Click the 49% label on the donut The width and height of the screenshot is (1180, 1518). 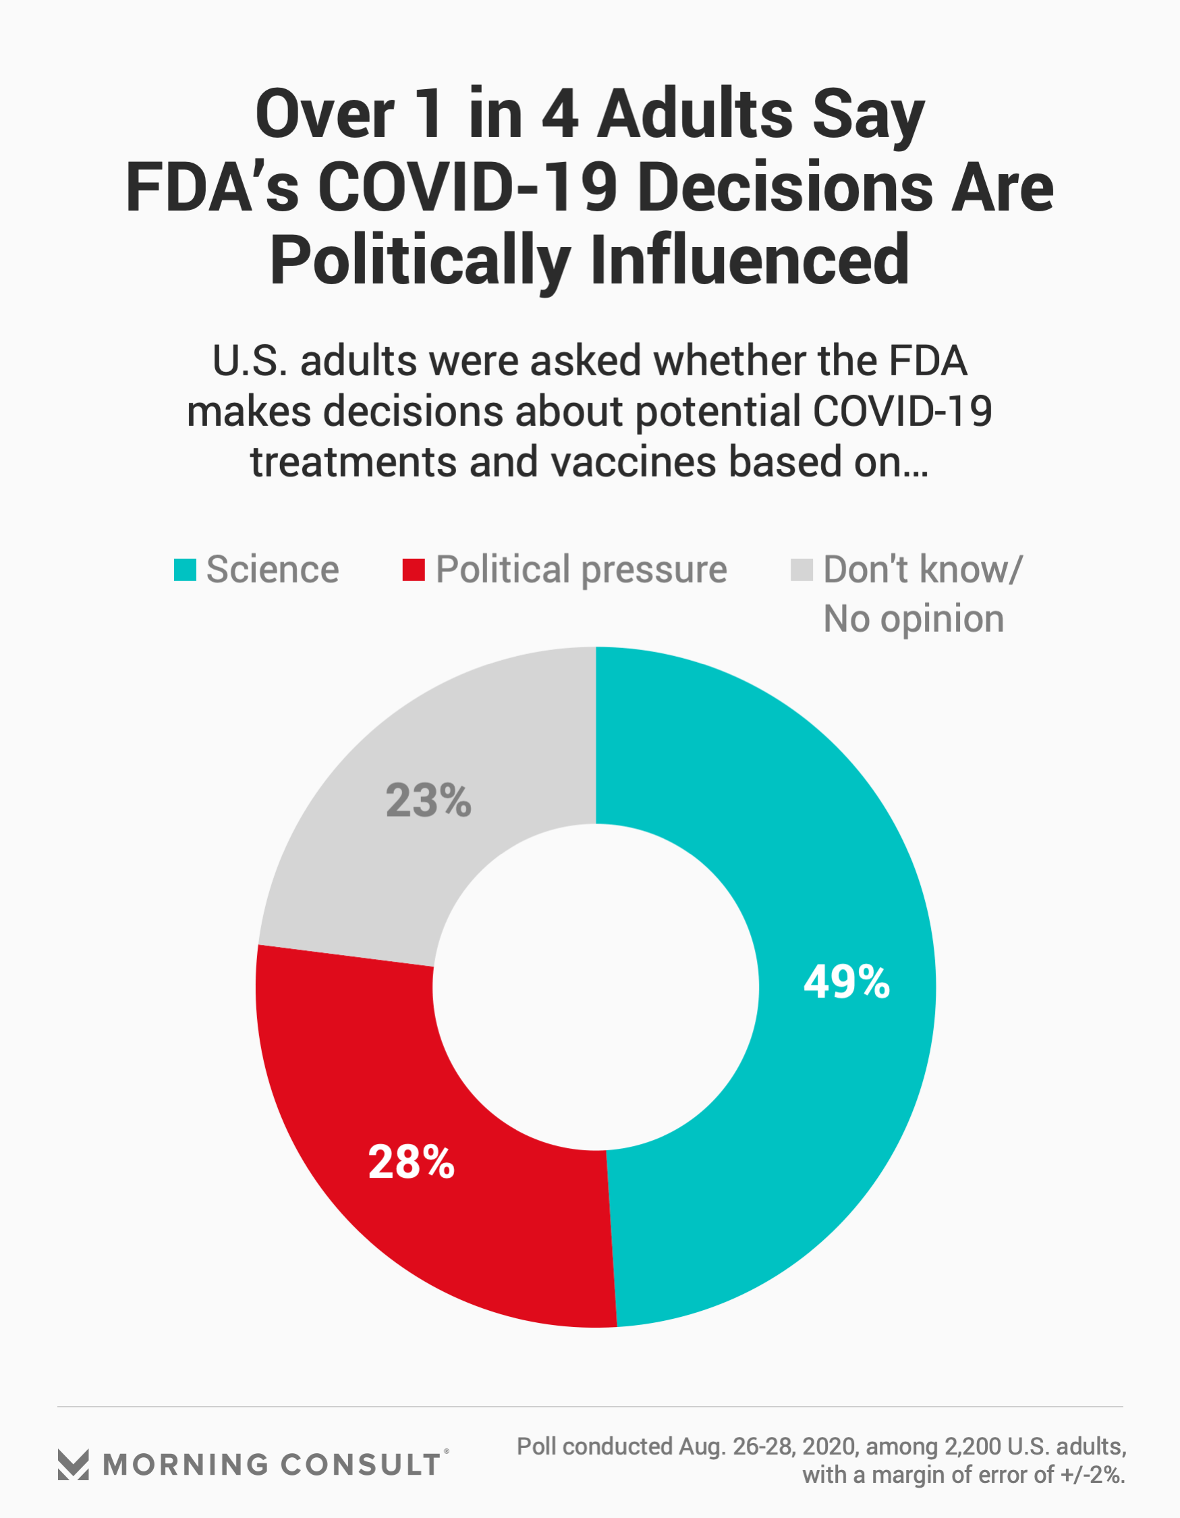pos(846,982)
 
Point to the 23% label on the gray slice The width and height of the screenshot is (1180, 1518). pos(428,800)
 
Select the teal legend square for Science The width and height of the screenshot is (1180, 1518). pos(185,569)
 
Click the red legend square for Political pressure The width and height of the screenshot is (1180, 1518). pos(414,569)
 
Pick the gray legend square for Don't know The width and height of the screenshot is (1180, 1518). pos(802,569)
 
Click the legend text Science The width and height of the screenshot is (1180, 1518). pos(273,569)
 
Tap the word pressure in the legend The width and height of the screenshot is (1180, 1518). pos(654,570)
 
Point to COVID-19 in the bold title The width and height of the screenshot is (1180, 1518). pos(468,187)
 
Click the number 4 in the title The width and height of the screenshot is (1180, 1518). pos(560,114)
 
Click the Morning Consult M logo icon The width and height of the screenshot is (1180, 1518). pos(73,1465)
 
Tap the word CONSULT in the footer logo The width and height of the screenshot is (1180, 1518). pos(361,1465)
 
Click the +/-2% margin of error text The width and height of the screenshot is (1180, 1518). pos(1092,1474)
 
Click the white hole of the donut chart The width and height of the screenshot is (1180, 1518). pos(596,987)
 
